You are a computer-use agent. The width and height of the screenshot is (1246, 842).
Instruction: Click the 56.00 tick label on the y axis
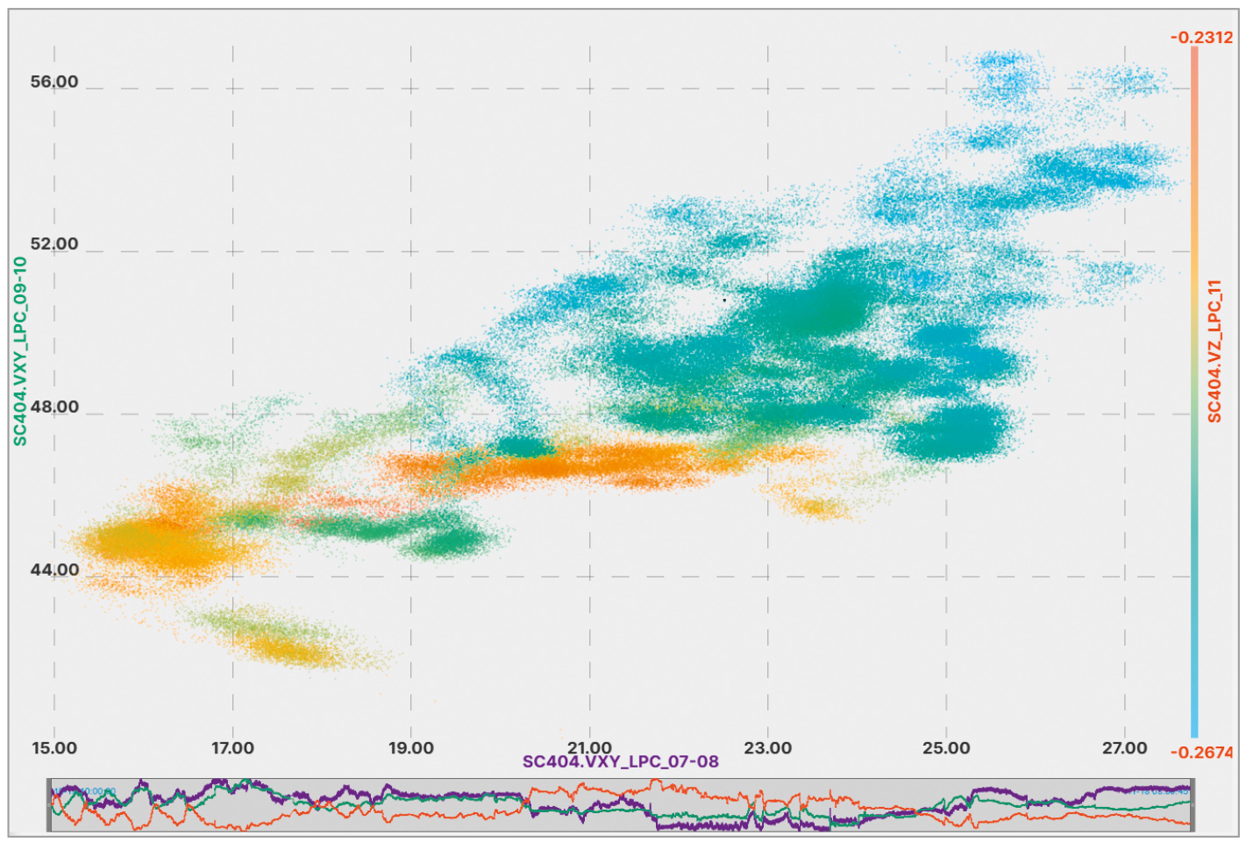click(x=54, y=81)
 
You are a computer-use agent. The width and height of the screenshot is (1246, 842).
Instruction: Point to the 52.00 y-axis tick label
click(x=54, y=244)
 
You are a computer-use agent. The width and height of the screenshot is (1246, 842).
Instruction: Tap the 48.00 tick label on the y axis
click(x=54, y=407)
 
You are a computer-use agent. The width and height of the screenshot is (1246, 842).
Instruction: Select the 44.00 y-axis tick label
click(x=54, y=570)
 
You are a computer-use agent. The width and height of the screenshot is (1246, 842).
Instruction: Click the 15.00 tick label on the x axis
click(x=54, y=748)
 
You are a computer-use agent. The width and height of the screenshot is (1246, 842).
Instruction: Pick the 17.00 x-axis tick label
click(x=232, y=748)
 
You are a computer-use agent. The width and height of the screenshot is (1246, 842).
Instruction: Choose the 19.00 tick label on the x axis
click(x=411, y=748)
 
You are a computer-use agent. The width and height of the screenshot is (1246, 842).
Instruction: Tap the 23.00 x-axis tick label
click(x=768, y=748)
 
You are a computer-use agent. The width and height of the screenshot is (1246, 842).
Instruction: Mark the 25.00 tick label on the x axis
click(x=946, y=748)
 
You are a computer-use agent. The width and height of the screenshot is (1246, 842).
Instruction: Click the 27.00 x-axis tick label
click(x=1125, y=748)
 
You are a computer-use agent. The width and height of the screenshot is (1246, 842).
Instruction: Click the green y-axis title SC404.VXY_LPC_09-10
click(x=20, y=350)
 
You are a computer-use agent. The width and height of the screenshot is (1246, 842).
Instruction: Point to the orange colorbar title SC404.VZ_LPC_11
click(x=1214, y=350)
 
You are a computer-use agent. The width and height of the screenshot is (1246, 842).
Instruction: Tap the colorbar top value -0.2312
click(x=1201, y=37)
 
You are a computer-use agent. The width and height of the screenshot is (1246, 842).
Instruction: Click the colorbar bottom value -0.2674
click(x=1201, y=753)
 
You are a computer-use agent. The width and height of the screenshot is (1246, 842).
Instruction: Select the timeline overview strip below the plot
click(x=621, y=804)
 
